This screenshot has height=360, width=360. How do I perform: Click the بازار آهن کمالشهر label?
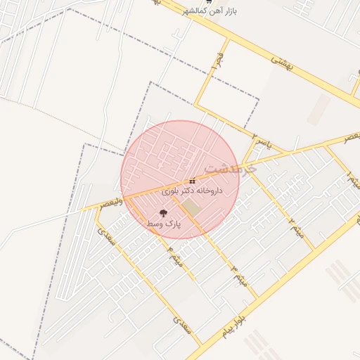208,12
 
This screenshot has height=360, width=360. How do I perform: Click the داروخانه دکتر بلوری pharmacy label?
192,191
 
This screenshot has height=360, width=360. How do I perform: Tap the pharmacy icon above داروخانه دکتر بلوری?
193,181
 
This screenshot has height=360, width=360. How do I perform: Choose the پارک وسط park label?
164,223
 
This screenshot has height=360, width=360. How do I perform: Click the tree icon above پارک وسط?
164,212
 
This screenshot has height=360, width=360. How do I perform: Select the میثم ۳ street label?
240,276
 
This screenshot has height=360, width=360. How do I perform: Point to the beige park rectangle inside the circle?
191,208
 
